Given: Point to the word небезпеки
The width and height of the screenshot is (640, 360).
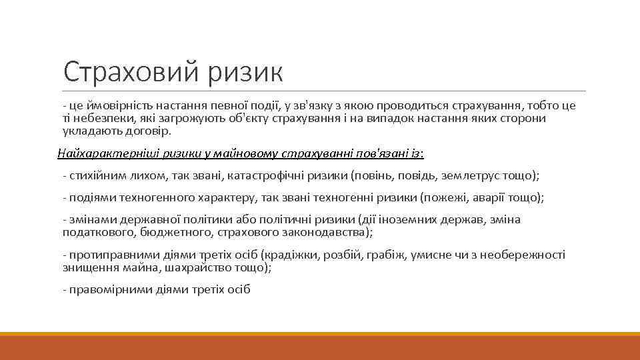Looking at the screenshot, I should click(99, 118).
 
